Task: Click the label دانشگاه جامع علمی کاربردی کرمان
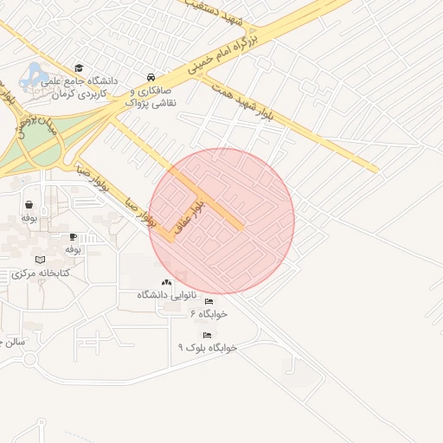tap(80, 86)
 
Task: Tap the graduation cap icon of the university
tap(80, 67)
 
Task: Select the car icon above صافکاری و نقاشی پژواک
tap(152, 75)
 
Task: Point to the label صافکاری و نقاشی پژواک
tap(151, 96)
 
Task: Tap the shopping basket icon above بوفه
tap(30, 205)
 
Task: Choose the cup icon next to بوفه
tap(73, 236)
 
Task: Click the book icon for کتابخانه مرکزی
tap(39, 260)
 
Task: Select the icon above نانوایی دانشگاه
tap(166, 282)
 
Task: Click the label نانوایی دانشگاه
tap(166, 295)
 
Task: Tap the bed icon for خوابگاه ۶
tap(209, 302)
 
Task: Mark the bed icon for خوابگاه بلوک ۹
tap(206, 335)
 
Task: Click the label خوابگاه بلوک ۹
tap(207, 347)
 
